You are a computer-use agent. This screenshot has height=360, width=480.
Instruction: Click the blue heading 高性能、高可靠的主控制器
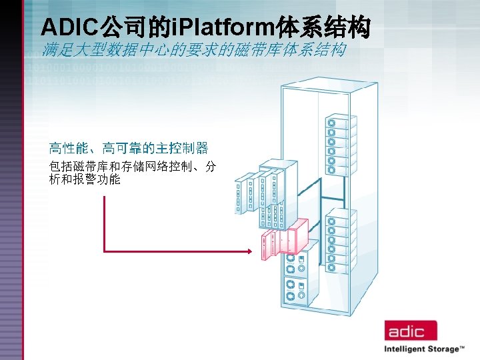(128, 147)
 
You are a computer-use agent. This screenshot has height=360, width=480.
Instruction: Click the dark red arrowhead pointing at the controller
(250, 251)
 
